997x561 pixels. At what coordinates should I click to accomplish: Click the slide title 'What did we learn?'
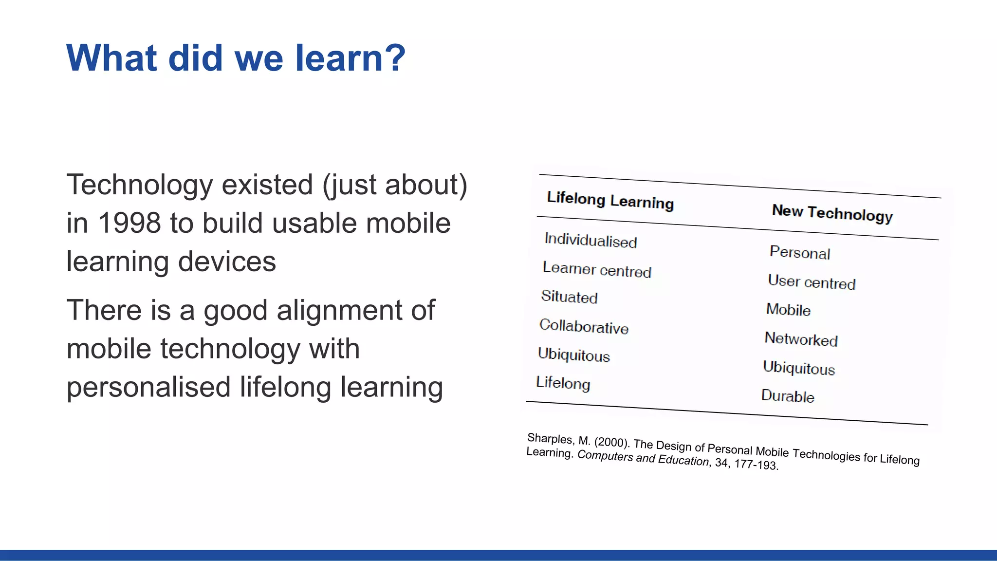(236, 58)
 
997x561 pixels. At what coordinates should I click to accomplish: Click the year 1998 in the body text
(129, 223)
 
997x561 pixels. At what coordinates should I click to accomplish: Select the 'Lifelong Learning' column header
(610, 201)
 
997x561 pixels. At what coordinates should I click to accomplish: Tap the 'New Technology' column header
(832, 213)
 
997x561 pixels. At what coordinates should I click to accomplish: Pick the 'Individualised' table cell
(591, 240)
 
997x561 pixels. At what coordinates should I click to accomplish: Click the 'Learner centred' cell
(597, 269)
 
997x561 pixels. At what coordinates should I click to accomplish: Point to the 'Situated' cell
(569, 297)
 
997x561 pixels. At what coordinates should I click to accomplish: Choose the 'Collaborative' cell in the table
(584, 326)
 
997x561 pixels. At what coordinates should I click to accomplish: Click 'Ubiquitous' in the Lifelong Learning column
(573, 355)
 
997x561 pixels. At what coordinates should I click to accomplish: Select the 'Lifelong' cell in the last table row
(563, 383)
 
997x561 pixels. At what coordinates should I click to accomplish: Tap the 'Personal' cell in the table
(799, 252)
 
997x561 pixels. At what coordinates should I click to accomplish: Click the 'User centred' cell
(812, 282)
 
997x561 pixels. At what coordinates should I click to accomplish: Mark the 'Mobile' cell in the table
(788, 310)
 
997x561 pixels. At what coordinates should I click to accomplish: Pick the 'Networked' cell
(801, 339)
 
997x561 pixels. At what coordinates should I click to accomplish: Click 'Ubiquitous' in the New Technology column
(798, 368)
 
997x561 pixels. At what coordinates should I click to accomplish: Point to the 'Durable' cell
(787, 396)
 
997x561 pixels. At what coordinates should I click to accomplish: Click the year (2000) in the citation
(612, 442)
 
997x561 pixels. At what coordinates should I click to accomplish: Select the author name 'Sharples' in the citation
(550, 438)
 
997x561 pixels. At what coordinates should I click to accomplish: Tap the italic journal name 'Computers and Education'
(643, 457)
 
